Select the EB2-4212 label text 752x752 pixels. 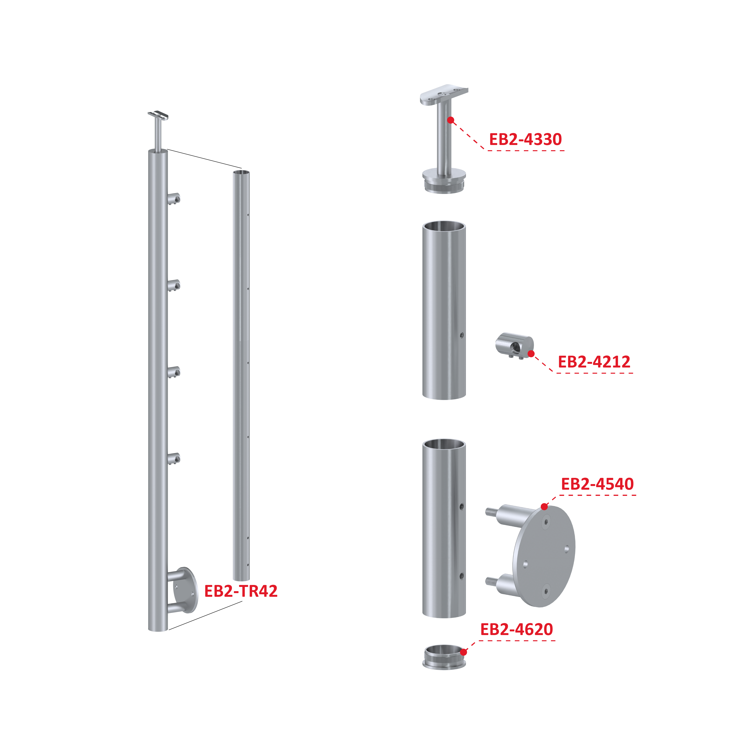coord(594,362)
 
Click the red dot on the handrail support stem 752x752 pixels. coord(450,120)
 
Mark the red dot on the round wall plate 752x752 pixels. coord(544,506)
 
